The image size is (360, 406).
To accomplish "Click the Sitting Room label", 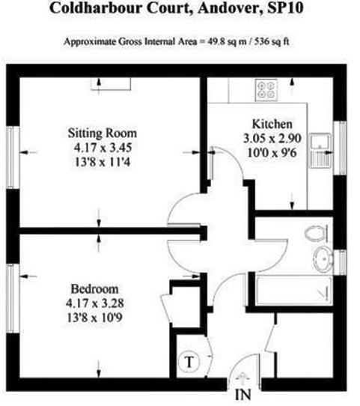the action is [102, 133].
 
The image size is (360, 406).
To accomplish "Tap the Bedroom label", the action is [94, 289].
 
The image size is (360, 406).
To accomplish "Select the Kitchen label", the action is [272, 124].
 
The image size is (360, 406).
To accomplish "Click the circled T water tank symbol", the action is [189, 362].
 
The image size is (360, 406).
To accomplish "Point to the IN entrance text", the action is [243, 394].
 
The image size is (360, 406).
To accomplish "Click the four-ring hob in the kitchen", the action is [266, 90].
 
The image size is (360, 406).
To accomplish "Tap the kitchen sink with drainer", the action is [320, 151].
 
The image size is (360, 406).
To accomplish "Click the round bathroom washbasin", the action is [323, 259].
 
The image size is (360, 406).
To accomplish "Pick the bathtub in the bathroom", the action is [294, 290].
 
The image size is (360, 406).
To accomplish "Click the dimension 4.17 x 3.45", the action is [103, 148].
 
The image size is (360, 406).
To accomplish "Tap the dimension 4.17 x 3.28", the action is [94, 303].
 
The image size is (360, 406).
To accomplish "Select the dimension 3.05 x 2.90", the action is [272, 139].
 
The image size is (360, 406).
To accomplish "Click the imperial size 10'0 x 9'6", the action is [272, 153].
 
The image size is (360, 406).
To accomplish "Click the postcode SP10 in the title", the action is [285, 8].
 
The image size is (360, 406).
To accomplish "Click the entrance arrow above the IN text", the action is [242, 378].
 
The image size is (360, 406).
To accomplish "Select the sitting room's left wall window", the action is [10, 157].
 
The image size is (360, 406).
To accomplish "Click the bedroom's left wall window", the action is [10, 298].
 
